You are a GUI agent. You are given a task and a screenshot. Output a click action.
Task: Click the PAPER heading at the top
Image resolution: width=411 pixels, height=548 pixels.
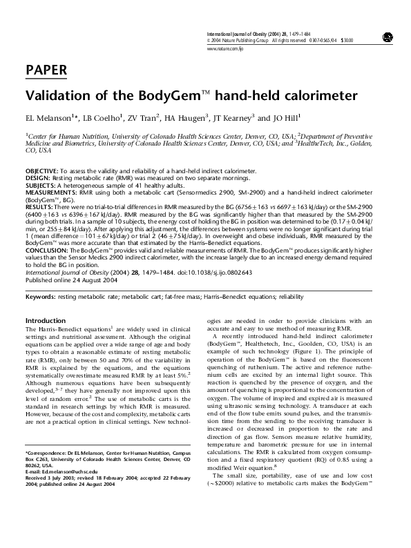click(46, 69)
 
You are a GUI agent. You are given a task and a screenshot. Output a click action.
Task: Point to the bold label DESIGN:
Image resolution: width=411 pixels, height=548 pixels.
click(37, 176)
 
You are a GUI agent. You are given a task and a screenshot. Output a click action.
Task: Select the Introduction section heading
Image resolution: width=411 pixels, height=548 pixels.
click(45, 321)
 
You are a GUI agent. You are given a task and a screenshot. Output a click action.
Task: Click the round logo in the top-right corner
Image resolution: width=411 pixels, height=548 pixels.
click(388, 37)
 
